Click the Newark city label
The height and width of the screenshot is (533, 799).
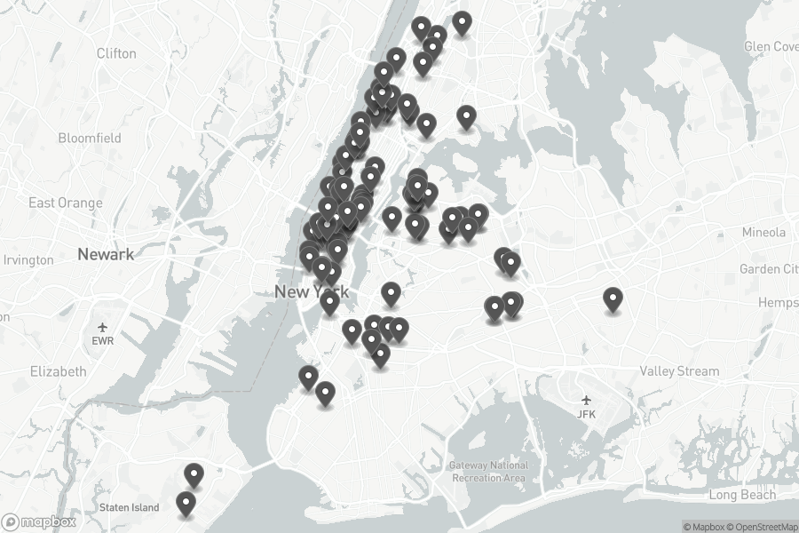(x=106, y=254)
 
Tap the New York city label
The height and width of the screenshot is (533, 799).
(x=311, y=291)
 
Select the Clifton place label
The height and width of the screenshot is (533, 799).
(x=116, y=53)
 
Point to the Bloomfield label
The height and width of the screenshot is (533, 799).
(x=90, y=138)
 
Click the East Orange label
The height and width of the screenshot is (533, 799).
(x=66, y=203)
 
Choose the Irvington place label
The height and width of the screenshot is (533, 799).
(x=29, y=260)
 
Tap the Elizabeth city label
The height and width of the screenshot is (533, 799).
(x=58, y=371)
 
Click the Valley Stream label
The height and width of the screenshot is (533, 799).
(x=680, y=370)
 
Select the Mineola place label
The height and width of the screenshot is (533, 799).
(x=764, y=232)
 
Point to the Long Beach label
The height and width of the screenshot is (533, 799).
(x=742, y=495)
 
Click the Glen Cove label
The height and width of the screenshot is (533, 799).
(x=771, y=46)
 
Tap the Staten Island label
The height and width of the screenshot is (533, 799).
(x=130, y=507)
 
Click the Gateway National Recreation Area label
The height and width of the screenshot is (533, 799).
(x=488, y=472)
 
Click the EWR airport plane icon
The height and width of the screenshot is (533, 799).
(x=103, y=327)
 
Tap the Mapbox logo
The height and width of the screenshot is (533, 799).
(x=37, y=521)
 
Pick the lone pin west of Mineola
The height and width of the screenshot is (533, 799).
(x=613, y=299)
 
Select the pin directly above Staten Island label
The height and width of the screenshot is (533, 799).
(x=186, y=504)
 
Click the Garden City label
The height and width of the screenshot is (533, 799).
(x=769, y=268)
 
